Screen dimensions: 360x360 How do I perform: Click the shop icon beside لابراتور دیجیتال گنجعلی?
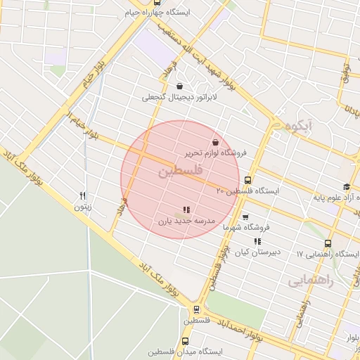181,86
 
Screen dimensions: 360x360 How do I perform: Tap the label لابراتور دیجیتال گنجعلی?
180,98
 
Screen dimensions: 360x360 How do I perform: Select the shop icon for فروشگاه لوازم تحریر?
214,142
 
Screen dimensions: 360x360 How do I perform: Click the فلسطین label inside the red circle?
180,171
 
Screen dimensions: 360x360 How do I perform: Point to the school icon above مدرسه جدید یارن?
186,210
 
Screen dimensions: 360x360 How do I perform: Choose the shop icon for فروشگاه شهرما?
245,217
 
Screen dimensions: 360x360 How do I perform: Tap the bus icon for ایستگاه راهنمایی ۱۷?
328,243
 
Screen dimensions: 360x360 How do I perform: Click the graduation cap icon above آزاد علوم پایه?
347,186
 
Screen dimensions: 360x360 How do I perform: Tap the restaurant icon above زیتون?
83,196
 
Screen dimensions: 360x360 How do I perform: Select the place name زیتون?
83,207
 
